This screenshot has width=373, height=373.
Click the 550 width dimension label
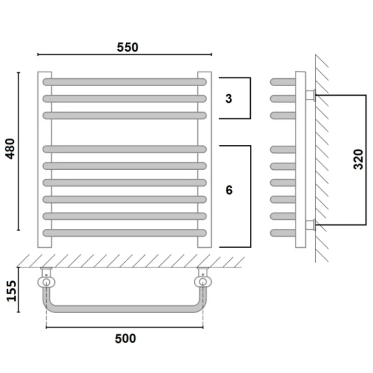(128, 47)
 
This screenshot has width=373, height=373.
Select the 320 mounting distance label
(358, 159)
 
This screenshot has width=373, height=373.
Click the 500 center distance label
(125, 339)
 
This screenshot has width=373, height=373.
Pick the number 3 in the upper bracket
(229, 98)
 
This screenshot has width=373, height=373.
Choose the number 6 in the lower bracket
(229, 190)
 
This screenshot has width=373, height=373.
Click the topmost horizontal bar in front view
(125, 82)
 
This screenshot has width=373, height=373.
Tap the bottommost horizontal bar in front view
(125, 233)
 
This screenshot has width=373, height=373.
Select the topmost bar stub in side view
(283, 82)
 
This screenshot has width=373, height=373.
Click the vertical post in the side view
(300, 159)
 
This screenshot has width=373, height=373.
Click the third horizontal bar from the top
(125, 115)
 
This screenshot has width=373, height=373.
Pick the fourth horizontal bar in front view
(125, 149)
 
